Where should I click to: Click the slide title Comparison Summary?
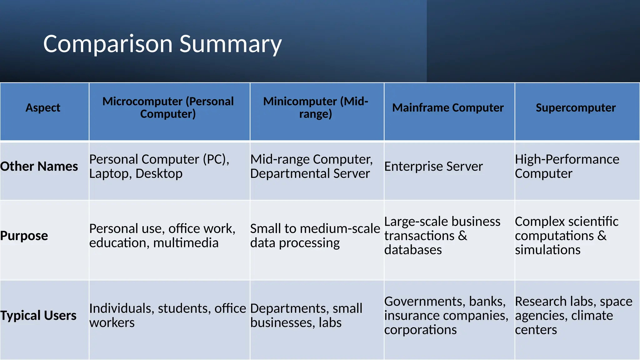pos(162,44)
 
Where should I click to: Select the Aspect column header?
pos(43,108)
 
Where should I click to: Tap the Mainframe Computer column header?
pos(448,108)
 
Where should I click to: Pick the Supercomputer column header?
pos(576,108)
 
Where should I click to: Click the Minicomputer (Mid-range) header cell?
pos(316,108)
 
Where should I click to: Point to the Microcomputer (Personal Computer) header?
pos(168,108)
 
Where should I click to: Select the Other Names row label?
pos(39,166)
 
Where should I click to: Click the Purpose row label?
pos(24,236)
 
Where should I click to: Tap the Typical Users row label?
pos(38,316)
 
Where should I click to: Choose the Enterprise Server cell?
pos(433,166)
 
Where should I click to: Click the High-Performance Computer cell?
pos(567,166)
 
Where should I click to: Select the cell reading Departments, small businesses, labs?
pos(306,315)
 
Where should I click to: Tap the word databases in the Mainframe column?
pos(413,250)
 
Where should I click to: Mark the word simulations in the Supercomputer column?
pos(547,250)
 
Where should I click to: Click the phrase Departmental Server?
pos(310,174)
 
